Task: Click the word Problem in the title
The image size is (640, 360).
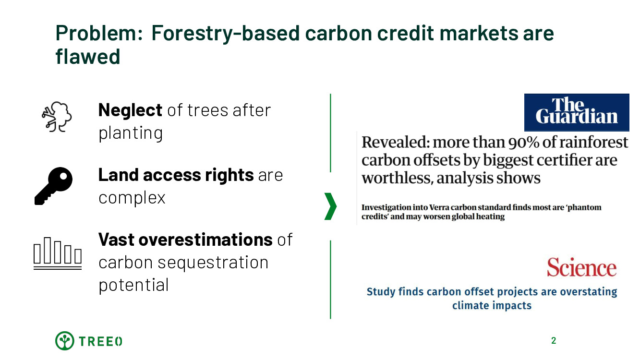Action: pyautogui.click(x=99, y=34)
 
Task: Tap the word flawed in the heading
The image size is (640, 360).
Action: pyautogui.click(x=88, y=56)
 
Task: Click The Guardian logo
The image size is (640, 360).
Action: pyautogui.click(x=577, y=112)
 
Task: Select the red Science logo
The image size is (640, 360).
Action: pyautogui.click(x=582, y=267)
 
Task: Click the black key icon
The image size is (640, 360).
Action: pyautogui.click(x=54, y=186)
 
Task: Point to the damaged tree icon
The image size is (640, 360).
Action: pyautogui.click(x=57, y=117)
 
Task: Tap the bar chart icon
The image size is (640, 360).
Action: pyautogui.click(x=58, y=253)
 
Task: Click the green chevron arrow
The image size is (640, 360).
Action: pyautogui.click(x=331, y=206)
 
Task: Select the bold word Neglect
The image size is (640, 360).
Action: pyautogui.click(x=130, y=110)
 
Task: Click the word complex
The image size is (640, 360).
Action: pyautogui.click(x=132, y=198)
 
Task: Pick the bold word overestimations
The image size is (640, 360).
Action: pyautogui.click(x=205, y=240)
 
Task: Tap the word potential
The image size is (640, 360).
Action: pyautogui.click(x=134, y=285)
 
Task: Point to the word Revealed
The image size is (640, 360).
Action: pyautogui.click(x=396, y=142)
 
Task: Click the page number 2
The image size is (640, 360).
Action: pyautogui.click(x=554, y=341)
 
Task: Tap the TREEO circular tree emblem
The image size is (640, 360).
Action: pyautogui.click(x=64, y=341)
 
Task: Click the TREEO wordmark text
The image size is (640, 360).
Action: pyautogui.click(x=100, y=341)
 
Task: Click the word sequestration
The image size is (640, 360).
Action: pyautogui.click(x=213, y=263)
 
